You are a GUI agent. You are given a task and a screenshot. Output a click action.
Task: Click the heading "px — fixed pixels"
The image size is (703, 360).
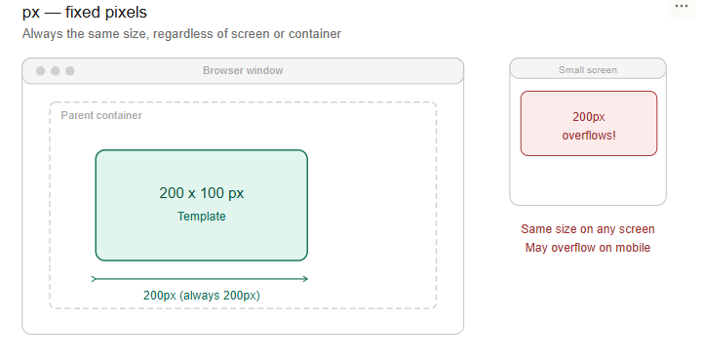click(x=84, y=12)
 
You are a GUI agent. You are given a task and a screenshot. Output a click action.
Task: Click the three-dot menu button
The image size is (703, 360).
click(x=681, y=7)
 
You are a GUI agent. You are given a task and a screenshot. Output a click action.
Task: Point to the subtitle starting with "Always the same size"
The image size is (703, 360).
click(x=181, y=34)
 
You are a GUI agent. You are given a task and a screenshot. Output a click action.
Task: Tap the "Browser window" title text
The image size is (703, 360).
click(x=243, y=70)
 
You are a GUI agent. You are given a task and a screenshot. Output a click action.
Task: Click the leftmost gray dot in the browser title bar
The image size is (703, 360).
click(x=40, y=71)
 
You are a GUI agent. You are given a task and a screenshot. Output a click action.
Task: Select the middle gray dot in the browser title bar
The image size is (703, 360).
click(x=56, y=71)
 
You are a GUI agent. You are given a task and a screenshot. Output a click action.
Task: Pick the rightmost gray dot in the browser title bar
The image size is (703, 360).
click(x=70, y=71)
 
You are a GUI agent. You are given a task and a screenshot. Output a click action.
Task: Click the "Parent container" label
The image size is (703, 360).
click(x=101, y=115)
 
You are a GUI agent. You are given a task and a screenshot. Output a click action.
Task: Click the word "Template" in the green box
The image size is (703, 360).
click(x=201, y=217)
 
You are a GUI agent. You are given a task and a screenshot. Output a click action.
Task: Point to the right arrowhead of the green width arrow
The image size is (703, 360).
click(x=306, y=279)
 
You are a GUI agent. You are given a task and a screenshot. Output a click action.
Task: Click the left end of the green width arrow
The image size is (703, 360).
click(x=92, y=279)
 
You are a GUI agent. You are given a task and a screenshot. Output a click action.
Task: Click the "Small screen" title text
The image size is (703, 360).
click(x=588, y=70)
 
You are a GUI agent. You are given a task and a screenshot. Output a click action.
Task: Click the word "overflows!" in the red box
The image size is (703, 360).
click(x=589, y=135)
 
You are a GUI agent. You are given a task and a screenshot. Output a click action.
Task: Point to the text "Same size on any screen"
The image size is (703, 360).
click(x=588, y=229)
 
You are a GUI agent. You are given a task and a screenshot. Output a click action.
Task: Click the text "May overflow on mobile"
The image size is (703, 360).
click(x=588, y=248)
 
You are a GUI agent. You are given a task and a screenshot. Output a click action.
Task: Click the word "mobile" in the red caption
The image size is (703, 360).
click(x=633, y=248)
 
